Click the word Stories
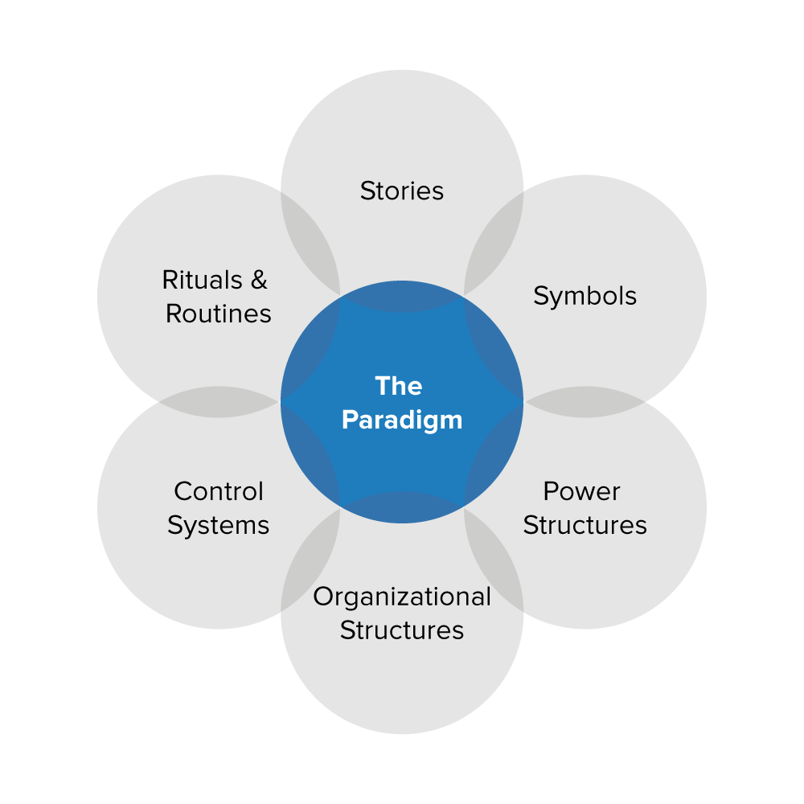click(x=401, y=191)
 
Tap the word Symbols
click(x=585, y=296)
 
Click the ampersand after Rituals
click(x=259, y=280)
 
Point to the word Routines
click(x=218, y=314)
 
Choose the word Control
click(x=218, y=491)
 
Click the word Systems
click(x=218, y=525)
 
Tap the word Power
click(x=581, y=491)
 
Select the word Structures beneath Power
click(x=585, y=525)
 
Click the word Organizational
click(x=401, y=597)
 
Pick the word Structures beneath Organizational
click(x=401, y=630)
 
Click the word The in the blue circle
click(x=398, y=386)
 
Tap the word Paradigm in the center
click(x=401, y=420)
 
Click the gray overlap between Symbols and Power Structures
click(x=585, y=402)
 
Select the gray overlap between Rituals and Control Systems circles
click(x=219, y=402)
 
